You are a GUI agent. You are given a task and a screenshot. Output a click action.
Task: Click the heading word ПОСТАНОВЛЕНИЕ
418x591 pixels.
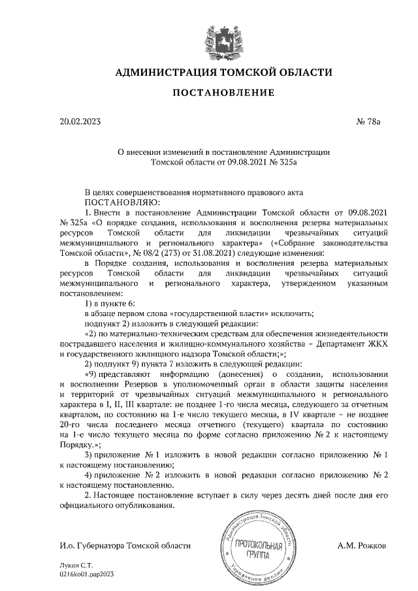[x=223, y=93]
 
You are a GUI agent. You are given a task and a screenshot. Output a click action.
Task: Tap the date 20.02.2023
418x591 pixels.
[x=80, y=121]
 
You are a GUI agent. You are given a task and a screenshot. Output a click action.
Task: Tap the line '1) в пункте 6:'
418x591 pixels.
[x=110, y=304]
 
